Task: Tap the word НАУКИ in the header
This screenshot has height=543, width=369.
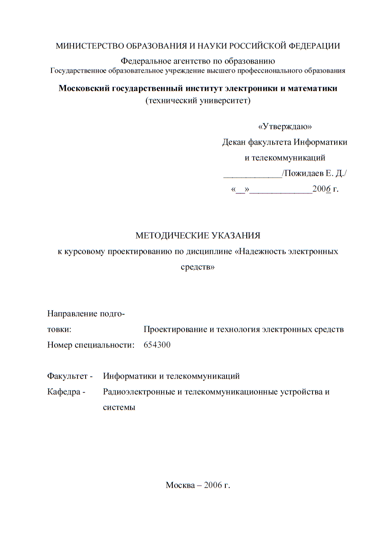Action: point(212,46)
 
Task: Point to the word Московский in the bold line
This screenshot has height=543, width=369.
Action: point(84,88)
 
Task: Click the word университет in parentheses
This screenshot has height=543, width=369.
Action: point(225,101)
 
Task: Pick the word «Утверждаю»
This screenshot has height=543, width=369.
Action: point(285,126)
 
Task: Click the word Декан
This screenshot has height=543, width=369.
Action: point(234,142)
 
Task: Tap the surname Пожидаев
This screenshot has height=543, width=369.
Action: point(304,173)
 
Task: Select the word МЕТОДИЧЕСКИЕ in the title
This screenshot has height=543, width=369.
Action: point(166,235)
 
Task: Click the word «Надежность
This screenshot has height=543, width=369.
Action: point(261,251)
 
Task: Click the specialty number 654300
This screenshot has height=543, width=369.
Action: point(157,345)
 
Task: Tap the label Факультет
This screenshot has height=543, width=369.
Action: point(67,376)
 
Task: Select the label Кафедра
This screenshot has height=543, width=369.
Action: point(64,392)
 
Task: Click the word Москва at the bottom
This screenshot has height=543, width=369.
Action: point(180,485)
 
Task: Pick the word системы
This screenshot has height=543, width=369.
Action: point(119,408)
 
